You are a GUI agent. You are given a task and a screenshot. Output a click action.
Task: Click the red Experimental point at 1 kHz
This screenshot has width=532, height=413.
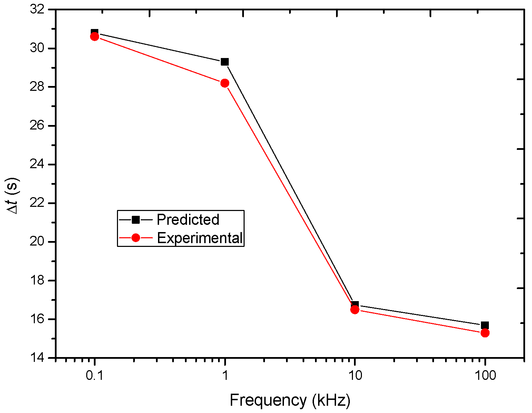tap(225, 83)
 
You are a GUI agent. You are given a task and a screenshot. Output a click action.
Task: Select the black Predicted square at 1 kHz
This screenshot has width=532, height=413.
tap(225, 62)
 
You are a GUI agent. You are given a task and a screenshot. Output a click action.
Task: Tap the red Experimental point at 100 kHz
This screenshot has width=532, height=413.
tap(485, 333)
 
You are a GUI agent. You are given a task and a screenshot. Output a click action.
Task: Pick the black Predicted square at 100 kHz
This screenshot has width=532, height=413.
tap(485, 325)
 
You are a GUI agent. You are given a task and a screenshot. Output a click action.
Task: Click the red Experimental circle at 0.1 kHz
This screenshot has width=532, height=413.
tap(95, 37)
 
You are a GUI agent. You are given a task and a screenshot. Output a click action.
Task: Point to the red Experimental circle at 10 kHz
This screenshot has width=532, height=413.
tap(355, 309)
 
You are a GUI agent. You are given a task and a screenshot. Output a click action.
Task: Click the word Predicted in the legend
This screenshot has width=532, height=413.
tap(188, 220)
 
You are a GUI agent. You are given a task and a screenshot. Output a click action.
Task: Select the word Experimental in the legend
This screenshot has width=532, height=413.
tap(200, 238)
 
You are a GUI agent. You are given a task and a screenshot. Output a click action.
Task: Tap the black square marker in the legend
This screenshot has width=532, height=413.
tap(136, 220)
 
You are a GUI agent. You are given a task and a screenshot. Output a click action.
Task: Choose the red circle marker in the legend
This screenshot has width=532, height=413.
tap(136, 238)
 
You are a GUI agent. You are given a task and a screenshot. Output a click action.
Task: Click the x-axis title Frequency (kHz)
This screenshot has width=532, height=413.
tap(290, 400)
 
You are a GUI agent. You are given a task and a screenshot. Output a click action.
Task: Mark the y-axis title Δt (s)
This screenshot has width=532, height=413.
tap(14, 196)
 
